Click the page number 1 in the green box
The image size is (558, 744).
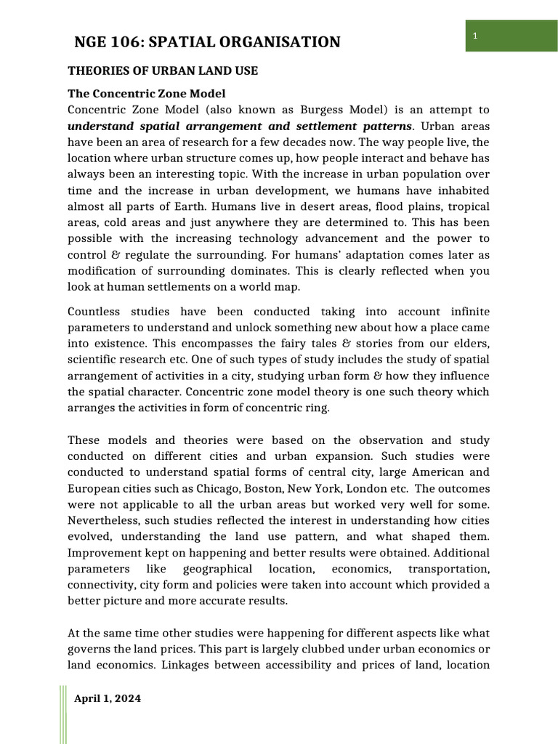[474, 36]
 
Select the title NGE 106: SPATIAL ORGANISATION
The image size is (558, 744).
[207, 42]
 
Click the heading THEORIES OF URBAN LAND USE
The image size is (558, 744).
[163, 71]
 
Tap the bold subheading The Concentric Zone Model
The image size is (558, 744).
[146, 94]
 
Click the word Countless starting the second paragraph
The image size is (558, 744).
[94, 291]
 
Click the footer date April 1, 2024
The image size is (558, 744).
[108, 698]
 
